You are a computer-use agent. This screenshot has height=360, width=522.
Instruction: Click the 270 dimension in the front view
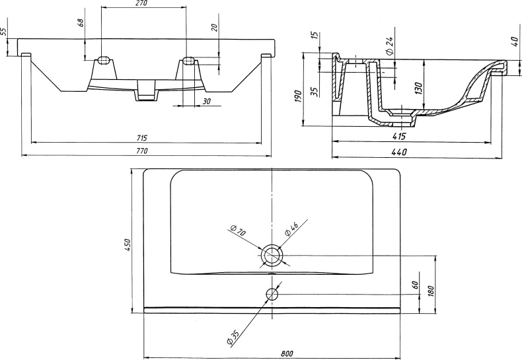pyautogui.click(x=140, y=4)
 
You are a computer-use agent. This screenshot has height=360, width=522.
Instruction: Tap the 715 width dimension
pyautogui.click(x=142, y=137)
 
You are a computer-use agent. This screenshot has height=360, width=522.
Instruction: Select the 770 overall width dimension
pyautogui.click(x=142, y=151)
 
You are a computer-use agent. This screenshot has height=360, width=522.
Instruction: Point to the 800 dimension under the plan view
pyautogui.click(x=287, y=353)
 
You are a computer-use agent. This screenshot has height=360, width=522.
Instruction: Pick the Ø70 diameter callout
pyautogui.click(x=239, y=232)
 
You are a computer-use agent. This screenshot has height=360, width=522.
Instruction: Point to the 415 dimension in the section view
pyautogui.click(x=398, y=137)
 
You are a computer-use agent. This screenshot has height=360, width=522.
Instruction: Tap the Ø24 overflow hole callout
pyautogui.click(x=391, y=45)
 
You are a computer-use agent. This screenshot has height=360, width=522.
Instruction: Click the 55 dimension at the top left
pyautogui.click(x=4, y=31)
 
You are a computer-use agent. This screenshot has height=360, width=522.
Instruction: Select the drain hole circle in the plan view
pyautogui.click(x=272, y=254)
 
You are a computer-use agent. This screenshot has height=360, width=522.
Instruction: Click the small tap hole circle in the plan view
pyautogui.click(x=272, y=293)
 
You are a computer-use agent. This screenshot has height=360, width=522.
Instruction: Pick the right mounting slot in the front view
pyautogui.click(x=188, y=61)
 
